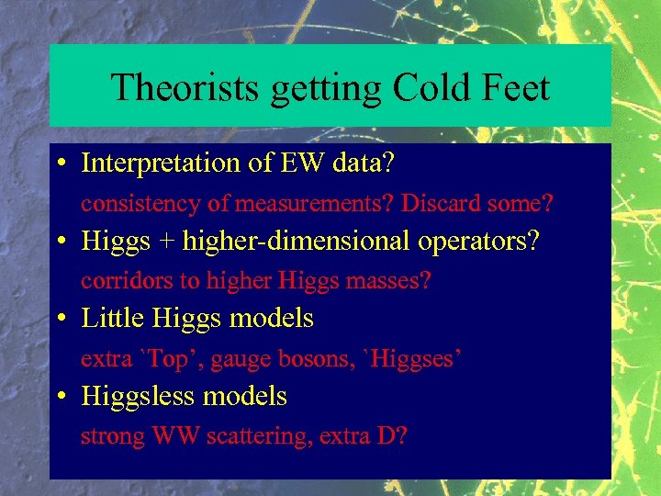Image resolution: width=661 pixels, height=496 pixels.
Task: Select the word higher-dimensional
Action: [296, 242]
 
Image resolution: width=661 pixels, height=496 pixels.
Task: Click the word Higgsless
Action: [136, 397]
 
